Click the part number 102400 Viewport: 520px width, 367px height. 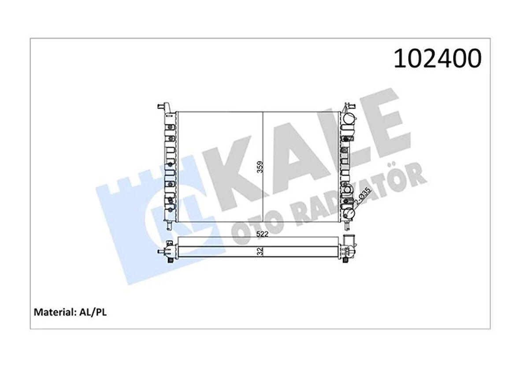pyautogui.click(x=436, y=59)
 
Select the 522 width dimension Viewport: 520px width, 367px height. pyautogui.click(x=263, y=234)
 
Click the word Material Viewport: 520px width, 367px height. pyautogui.click(x=52, y=312)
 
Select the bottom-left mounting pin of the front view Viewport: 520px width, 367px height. pyautogui.click(x=169, y=226)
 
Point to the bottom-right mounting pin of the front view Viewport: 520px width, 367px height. pyautogui.click(x=347, y=226)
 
